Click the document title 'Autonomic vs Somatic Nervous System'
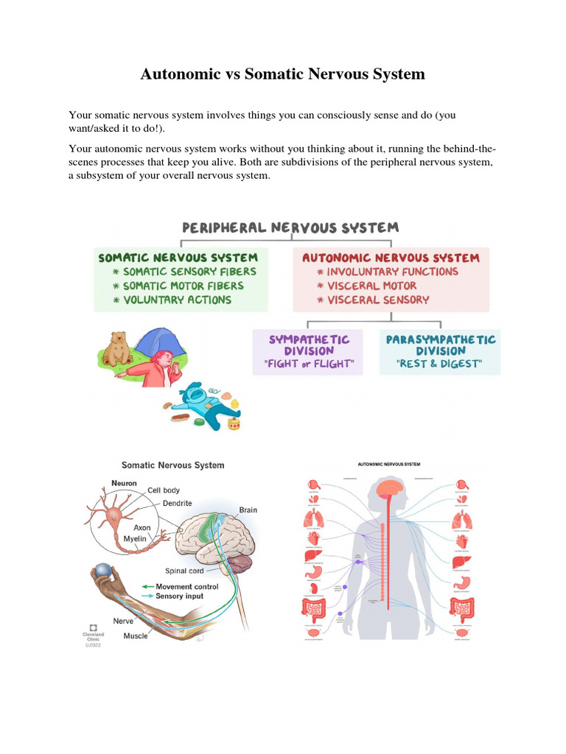coord(283,74)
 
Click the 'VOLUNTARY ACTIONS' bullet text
coord(177,300)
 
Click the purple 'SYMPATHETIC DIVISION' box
coord(307,351)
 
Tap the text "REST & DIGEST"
coord(439,363)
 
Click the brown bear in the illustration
coord(117,350)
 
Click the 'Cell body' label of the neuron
coord(163,490)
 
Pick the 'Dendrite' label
coord(177,503)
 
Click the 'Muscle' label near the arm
coord(136,635)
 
